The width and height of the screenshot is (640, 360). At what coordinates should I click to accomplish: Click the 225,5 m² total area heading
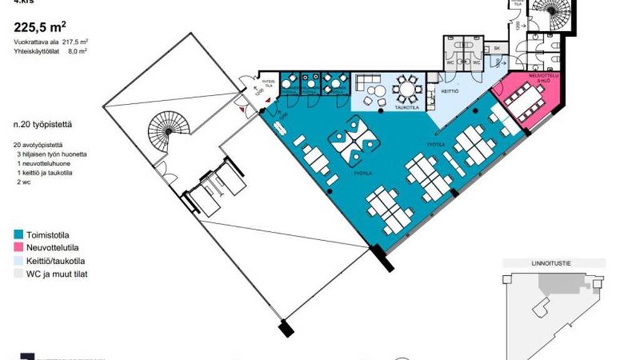click(x=41, y=27)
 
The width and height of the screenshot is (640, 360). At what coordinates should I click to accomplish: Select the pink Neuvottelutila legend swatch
click(x=18, y=247)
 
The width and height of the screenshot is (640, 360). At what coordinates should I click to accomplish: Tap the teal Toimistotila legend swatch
click(x=18, y=235)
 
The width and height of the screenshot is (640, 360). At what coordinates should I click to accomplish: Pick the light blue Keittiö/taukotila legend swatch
click(x=18, y=261)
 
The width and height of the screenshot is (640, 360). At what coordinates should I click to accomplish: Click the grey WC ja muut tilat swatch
click(x=18, y=274)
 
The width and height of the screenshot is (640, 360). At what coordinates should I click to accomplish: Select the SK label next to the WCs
click(x=497, y=48)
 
